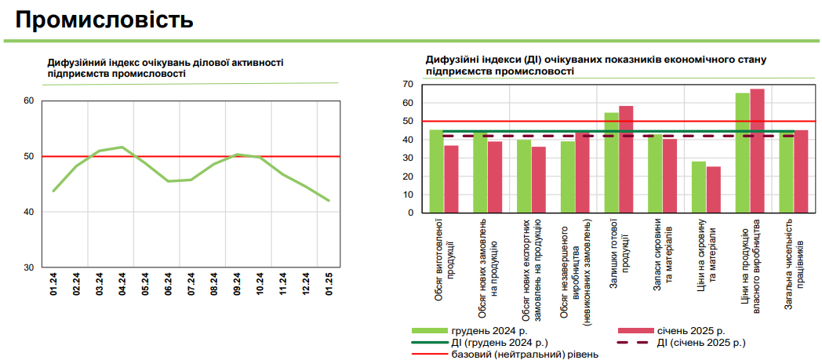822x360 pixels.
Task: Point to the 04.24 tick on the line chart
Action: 122,283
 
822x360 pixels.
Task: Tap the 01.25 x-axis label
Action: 329,283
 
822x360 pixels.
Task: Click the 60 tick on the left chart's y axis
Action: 29,100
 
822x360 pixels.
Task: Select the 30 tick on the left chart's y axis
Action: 29,267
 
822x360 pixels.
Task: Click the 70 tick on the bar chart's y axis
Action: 408,84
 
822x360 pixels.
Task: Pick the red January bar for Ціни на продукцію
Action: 758,151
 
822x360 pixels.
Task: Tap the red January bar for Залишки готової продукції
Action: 626,159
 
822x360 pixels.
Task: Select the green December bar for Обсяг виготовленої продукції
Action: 436,171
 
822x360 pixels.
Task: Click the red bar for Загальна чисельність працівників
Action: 801,171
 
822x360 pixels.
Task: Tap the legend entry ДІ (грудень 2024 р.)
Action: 499,343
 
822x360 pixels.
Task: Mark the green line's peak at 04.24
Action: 122,147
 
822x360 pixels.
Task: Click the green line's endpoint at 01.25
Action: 329,201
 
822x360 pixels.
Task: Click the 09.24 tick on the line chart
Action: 237,283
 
